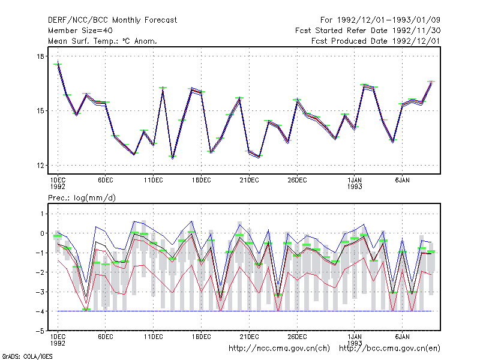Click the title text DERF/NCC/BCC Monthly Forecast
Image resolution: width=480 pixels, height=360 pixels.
[x=112, y=20]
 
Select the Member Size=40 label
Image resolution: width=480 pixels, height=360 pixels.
[x=80, y=31]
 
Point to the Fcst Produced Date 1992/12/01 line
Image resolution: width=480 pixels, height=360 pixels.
[x=376, y=41]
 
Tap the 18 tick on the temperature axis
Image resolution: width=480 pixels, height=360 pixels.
[x=40, y=56]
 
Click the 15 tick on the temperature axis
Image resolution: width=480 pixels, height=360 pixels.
[x=40, y=111]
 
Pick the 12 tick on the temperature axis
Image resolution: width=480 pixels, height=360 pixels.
[x=40, y=166]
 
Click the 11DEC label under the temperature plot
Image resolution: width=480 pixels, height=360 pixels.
[x=154, y=181]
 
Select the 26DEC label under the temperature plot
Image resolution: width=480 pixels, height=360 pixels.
[x=297, y=181]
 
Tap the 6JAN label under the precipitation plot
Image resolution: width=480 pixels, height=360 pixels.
[x=402, y=337]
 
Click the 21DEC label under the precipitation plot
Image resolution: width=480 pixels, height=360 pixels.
[x=249, y=337]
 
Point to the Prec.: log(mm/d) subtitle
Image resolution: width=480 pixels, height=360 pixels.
[x=82, y=198]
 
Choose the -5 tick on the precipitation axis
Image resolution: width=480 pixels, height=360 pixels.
[x=40, y=331]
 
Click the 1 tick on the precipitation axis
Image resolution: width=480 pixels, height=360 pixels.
[x=42, y=214]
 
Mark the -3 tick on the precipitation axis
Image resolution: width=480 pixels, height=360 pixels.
[x=40, y=292]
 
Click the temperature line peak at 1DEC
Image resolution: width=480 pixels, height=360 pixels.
[x=58, y=62]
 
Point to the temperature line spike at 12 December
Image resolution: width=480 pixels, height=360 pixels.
[x=163, y=88]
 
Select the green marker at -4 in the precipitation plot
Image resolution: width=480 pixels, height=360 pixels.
[x=86, y=310]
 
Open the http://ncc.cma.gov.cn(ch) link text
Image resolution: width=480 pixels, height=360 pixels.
[x=279, y=349]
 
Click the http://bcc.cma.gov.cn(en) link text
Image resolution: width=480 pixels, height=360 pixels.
[x=389, y=349]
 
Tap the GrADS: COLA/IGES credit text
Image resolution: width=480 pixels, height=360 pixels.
[x=27, y=356]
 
